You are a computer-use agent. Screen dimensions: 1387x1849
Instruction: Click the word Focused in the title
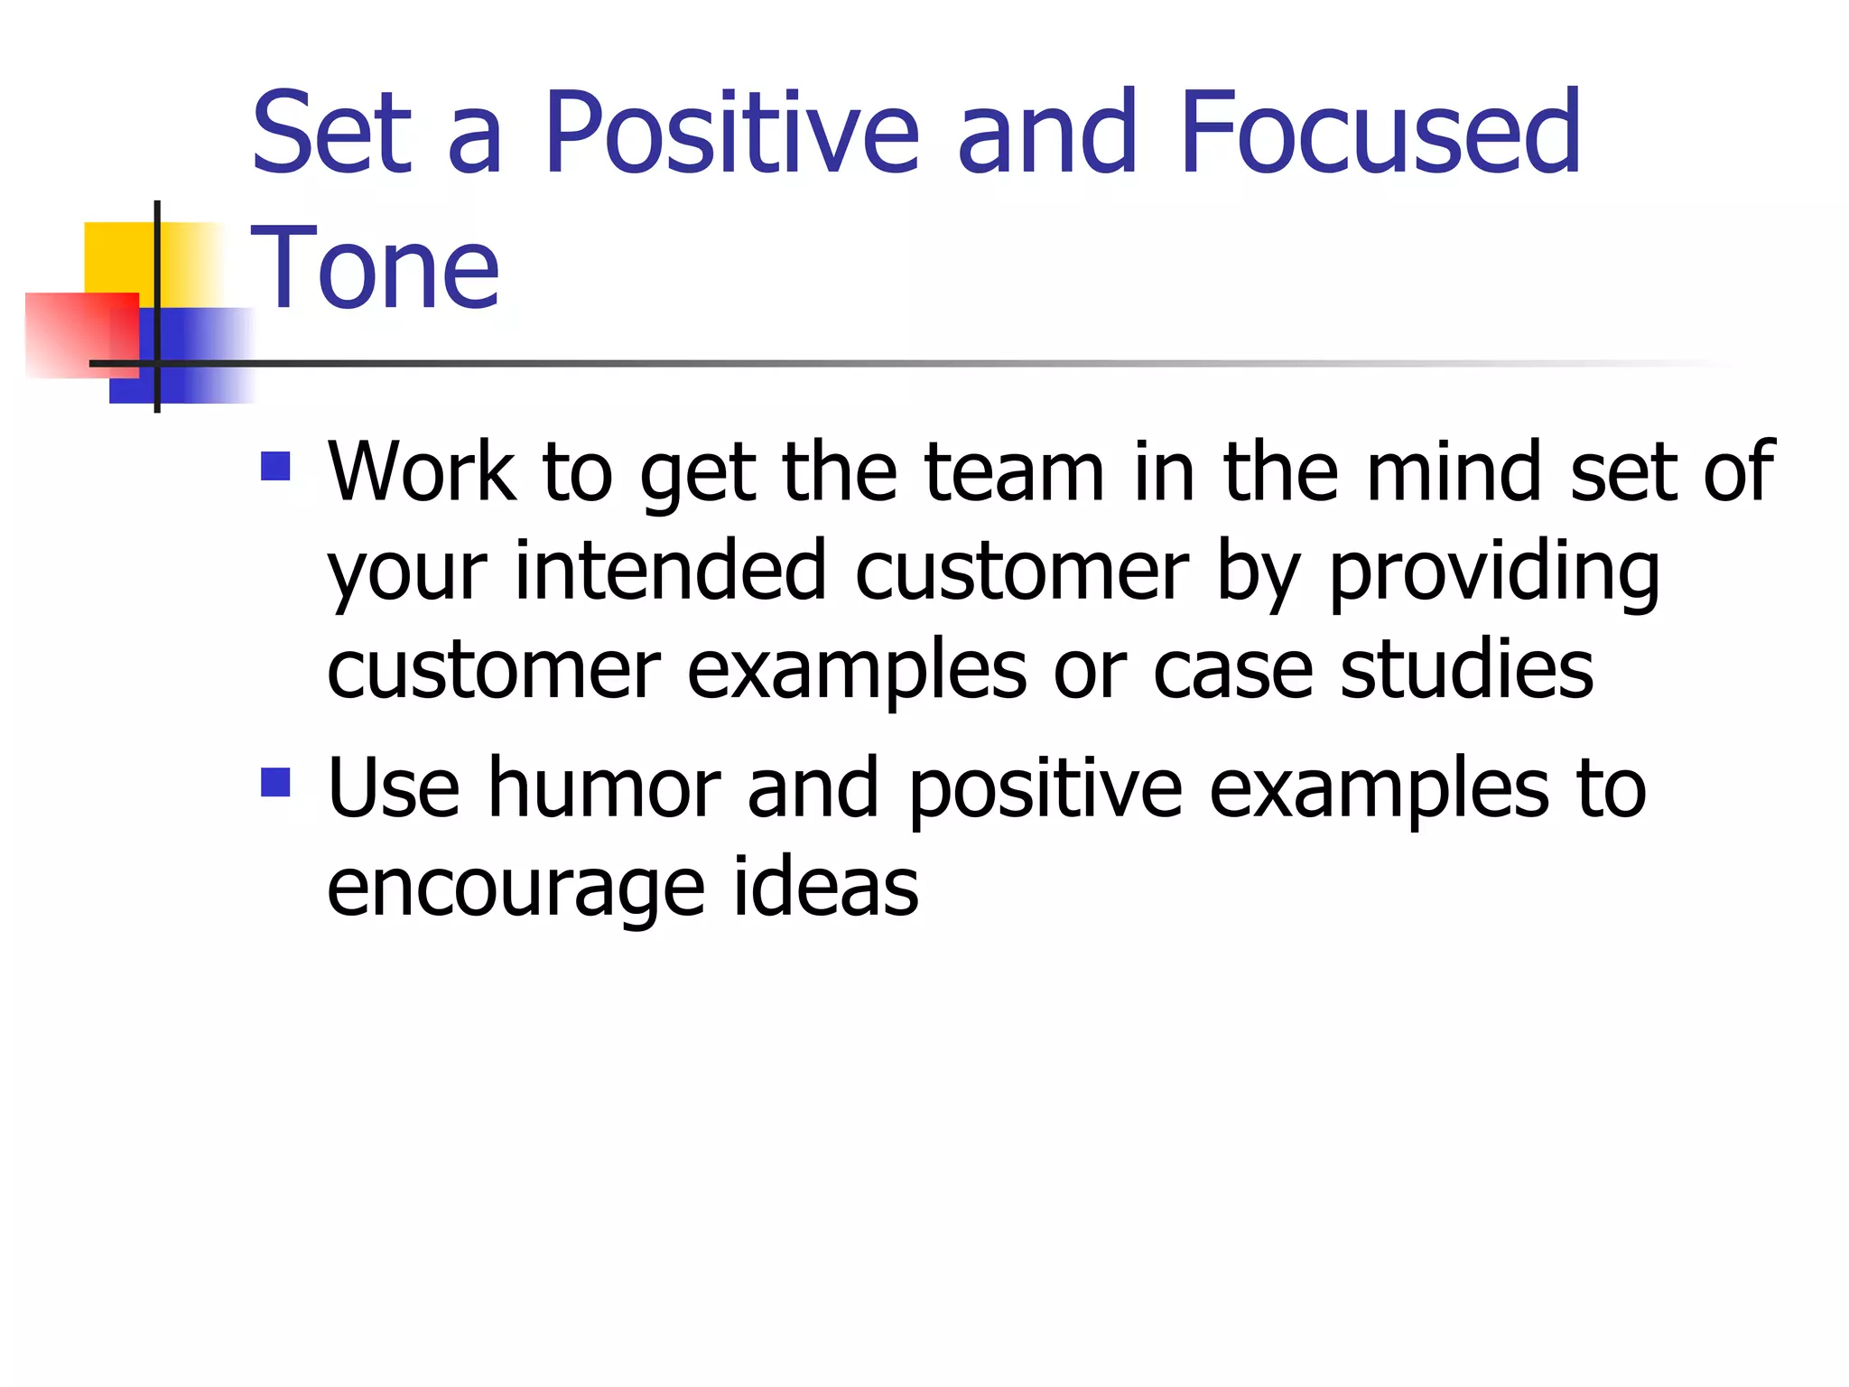click(1380, 134)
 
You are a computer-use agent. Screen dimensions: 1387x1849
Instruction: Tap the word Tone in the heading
click(375, 267)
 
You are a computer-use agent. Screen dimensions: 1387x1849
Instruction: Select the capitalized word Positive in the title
click(731, 134)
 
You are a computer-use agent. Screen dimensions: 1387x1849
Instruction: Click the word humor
click(603, 788)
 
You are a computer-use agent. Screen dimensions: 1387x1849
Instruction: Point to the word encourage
click(516, 888)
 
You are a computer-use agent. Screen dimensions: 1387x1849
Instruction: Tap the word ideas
click(825, 888)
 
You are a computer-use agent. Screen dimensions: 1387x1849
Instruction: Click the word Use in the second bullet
click(394, 788)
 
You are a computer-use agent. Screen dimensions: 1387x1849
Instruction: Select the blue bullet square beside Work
click(275, 466)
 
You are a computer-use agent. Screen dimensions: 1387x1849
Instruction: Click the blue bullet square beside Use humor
click(275, 782)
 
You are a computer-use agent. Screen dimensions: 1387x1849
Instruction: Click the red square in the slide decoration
click(79, 332)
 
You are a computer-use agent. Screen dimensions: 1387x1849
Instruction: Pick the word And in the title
click(1046, 134)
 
